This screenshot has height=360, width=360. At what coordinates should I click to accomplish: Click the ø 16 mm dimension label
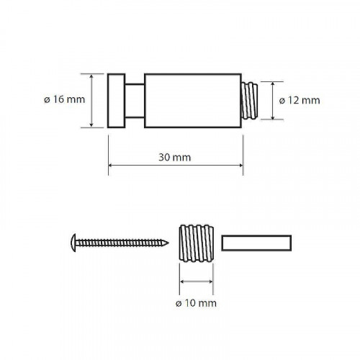click(64, 99)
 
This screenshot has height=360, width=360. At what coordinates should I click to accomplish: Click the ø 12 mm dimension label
click(300, 100)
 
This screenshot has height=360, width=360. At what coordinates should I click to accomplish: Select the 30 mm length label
click(175, 158)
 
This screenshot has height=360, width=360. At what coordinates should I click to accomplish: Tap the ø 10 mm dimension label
click(196, 303)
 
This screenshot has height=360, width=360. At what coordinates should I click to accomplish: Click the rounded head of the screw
click(73, 243)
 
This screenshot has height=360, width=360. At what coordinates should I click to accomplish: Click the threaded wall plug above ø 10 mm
click(197, 243)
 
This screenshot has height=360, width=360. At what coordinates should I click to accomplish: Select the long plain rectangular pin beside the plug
click(256, 243)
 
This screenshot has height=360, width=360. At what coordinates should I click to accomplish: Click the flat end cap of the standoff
click(117, 101)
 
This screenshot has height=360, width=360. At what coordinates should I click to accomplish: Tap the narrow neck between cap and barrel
click(135, 101)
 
